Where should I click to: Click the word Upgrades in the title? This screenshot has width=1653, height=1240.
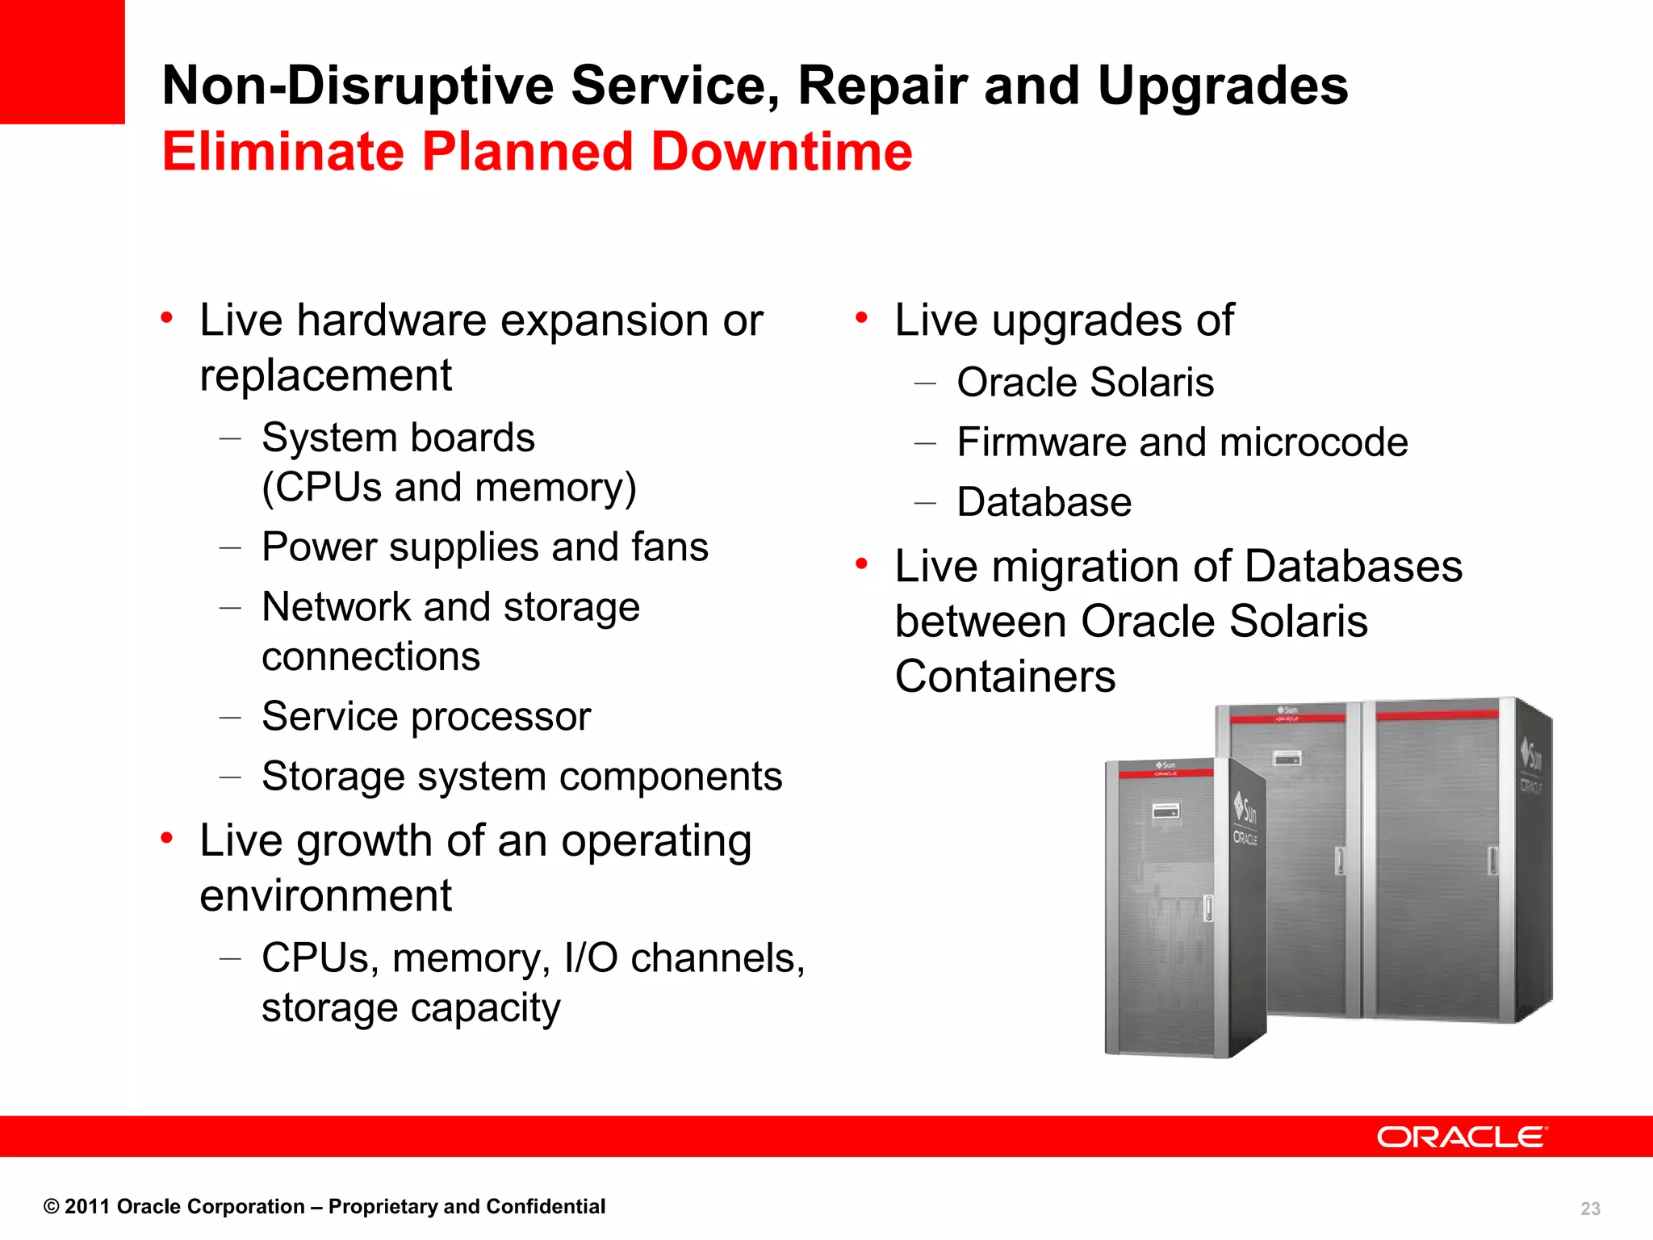click(x=1222, y=86)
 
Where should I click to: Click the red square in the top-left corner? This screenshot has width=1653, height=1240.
click(x=61, y=61)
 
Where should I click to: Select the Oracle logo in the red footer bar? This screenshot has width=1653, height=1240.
click(x=1462, y=1137)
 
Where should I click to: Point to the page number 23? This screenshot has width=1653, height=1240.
click(x=1590, y=1209)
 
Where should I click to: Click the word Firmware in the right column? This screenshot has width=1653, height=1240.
click(x=1040, y=442)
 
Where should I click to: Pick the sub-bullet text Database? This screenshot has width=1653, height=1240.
click(x=1044, y=502)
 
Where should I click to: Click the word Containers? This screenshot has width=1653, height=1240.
click(x=1005, y=677)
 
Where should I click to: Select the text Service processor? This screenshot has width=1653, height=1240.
click(x=426, y=717)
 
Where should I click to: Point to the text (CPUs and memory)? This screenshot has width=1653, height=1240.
click(x=449, y=488)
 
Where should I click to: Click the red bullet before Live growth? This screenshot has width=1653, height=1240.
click(x=167, y=839)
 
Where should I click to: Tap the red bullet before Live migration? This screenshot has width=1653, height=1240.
click(x=862, y=563)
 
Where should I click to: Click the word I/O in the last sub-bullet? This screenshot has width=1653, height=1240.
click(x=591, y=959)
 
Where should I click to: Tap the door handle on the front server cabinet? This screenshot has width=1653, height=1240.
click(x=1208, y=908)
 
